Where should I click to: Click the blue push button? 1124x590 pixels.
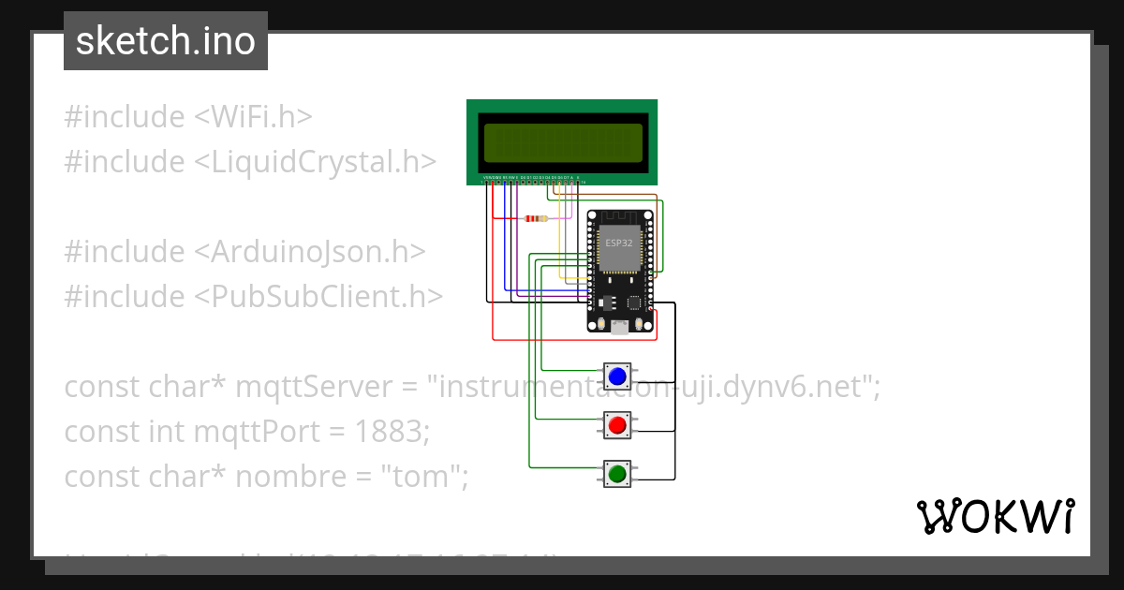pos(616,376)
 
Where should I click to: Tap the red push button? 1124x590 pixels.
pos(616,426)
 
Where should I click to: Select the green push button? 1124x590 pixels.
pos(616,475)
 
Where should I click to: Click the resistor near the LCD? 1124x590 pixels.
pos(536,219)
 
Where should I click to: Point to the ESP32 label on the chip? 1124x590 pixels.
pos(617,243)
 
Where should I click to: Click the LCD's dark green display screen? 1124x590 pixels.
pos(562,141)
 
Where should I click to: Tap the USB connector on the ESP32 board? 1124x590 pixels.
pos(619,326)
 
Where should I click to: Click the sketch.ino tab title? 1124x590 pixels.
pos(166,41)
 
